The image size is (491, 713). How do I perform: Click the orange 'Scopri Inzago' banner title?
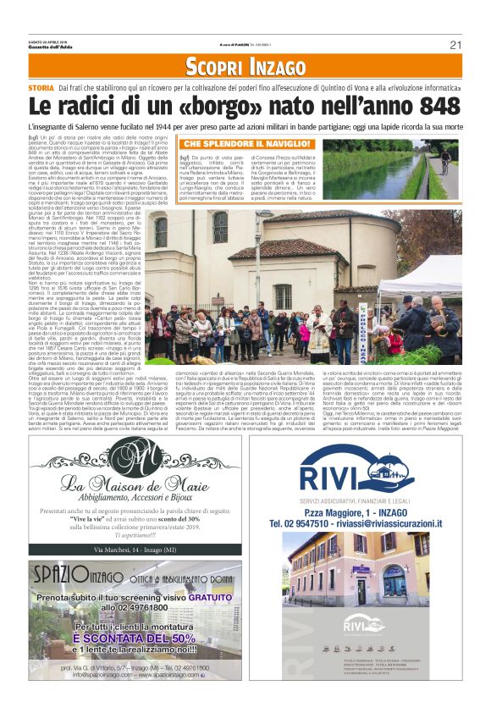click(245, 67)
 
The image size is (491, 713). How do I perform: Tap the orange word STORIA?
click(41, 88)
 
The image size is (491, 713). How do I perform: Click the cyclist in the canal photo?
click(444, 160)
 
